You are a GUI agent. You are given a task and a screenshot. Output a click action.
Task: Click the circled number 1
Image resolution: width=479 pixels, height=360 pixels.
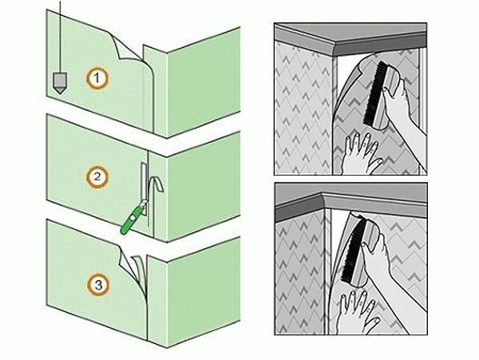[97, 78]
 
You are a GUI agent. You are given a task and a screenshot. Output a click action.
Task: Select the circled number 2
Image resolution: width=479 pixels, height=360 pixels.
[97, 176]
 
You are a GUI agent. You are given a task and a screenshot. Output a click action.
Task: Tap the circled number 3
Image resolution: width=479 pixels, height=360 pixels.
[98, 285]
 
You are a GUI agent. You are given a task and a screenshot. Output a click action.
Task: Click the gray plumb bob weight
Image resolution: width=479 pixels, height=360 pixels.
[60, 83]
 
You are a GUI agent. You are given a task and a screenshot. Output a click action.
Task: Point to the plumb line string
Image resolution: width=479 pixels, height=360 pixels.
[60, 37]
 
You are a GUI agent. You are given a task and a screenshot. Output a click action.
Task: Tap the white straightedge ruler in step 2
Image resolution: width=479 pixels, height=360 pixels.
[144, 188]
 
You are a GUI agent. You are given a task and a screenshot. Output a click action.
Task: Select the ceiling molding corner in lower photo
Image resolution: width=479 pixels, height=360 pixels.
[323, 201]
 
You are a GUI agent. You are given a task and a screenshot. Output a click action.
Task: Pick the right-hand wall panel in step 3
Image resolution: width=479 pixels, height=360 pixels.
[203, 291]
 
